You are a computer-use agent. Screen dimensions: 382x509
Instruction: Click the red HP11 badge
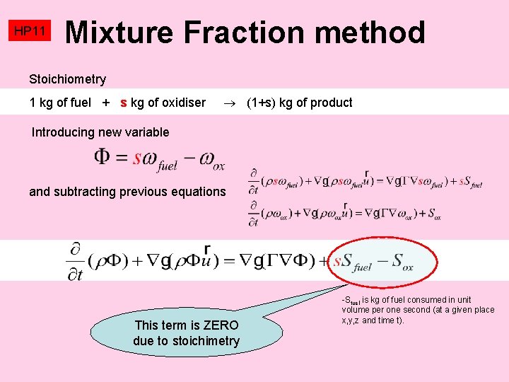coord(30,31)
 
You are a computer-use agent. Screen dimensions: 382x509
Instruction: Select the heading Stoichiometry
coord(67,79)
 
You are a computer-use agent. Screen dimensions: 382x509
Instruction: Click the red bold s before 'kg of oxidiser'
coord(124,103)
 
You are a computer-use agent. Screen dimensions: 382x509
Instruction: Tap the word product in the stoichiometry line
coord(331,103)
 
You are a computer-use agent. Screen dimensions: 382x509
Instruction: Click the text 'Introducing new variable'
coord(100,132)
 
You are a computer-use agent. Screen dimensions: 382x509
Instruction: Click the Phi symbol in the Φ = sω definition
coord(102,157)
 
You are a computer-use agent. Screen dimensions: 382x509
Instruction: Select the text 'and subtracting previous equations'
coord(127,191)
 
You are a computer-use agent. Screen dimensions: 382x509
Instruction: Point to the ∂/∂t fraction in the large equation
coord(75,260)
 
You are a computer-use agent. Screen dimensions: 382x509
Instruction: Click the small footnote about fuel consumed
coord(418,310)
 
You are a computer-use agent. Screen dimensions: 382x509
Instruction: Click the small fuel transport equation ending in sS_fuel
coord(365,181)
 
